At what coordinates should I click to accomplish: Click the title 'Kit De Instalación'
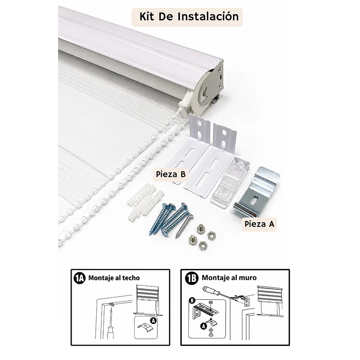coord(189,17)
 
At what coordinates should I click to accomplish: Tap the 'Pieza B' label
coord(171,174)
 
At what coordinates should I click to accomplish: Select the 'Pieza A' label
coord(259,224)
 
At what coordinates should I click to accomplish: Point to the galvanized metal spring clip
coord(257,193)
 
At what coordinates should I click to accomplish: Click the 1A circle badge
coord(80,278)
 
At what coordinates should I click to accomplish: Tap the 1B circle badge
coord(192,278)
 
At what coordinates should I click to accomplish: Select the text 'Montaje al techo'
coord(114,278)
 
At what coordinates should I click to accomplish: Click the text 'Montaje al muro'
coord(229,277)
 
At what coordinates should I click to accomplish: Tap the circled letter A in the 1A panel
coord(153,320)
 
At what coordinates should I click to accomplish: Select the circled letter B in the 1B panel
coord(192,300)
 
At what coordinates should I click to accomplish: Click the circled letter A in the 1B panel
coord(203,326)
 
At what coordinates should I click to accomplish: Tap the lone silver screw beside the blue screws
coord(184,225)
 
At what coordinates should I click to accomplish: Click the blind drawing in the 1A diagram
coord(148,300)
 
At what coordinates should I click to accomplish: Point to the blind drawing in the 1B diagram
coord(269,301)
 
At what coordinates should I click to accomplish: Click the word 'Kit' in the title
coord(147,17)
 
